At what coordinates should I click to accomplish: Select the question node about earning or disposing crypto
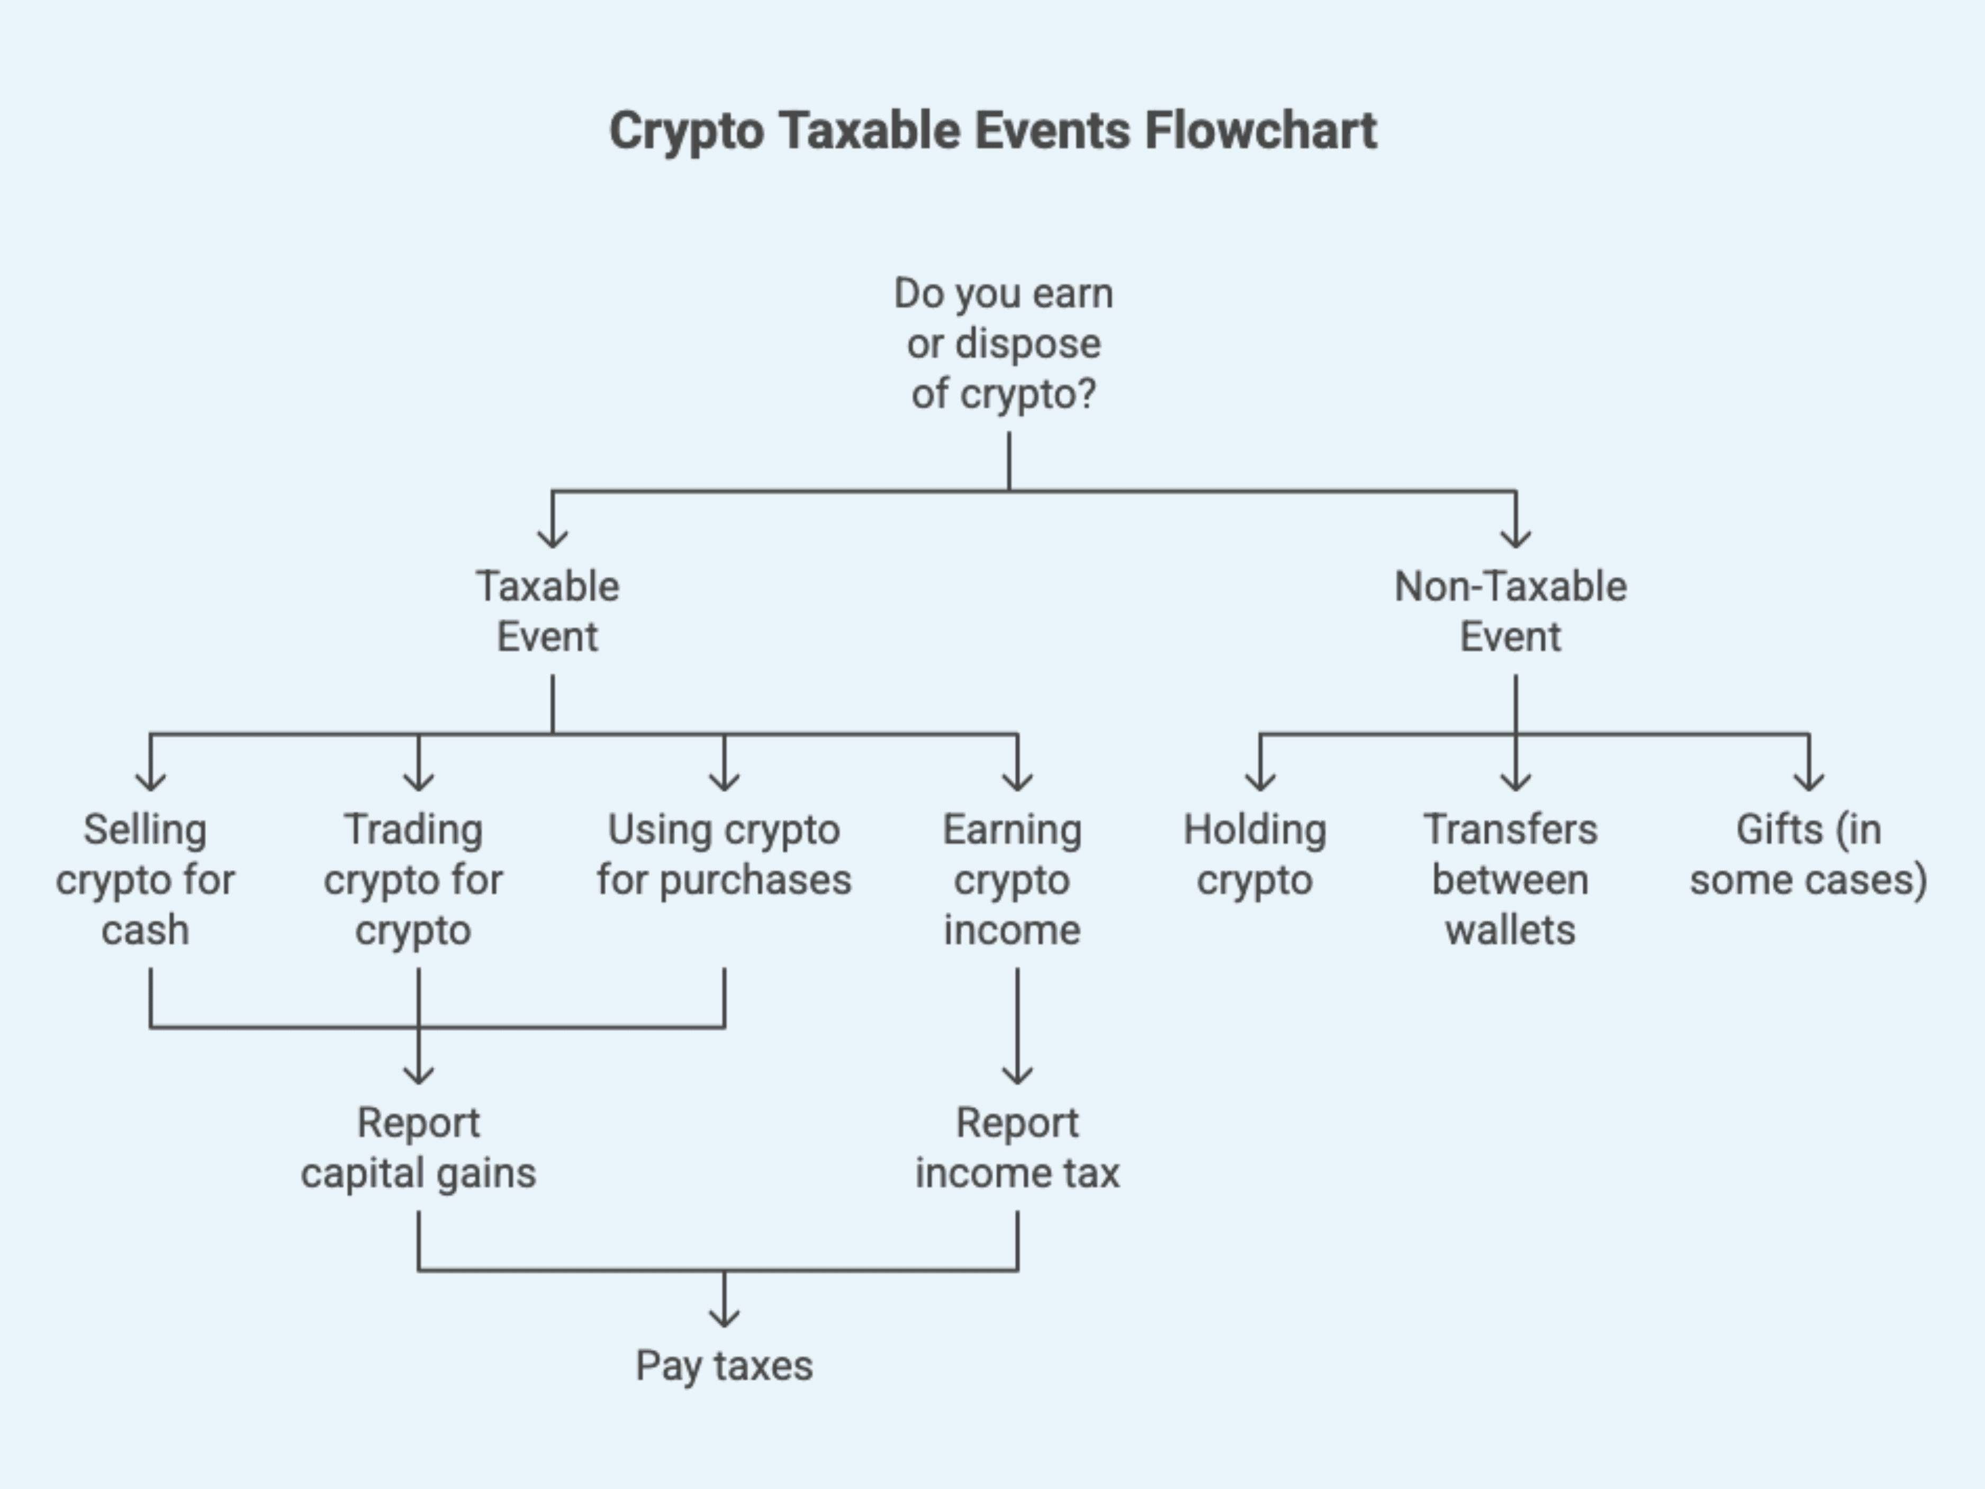[x=1003, y=344]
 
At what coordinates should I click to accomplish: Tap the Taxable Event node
[x=547, y=611]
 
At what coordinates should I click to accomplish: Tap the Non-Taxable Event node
[x=1510, y=611]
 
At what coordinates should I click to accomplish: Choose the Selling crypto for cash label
[x=146, y=880]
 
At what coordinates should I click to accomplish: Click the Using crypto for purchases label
[x=724, y=854]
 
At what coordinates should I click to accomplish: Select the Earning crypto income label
[x=1012, y=880]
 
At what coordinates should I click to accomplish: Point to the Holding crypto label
[x=1255, y=854]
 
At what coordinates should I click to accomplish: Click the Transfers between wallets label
[x=1510, y=880]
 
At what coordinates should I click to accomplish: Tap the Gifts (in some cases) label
[x=1808, y=854]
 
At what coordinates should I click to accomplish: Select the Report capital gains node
[x=418, y=1148]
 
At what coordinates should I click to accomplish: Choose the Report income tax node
[x=1017, y=1148]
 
